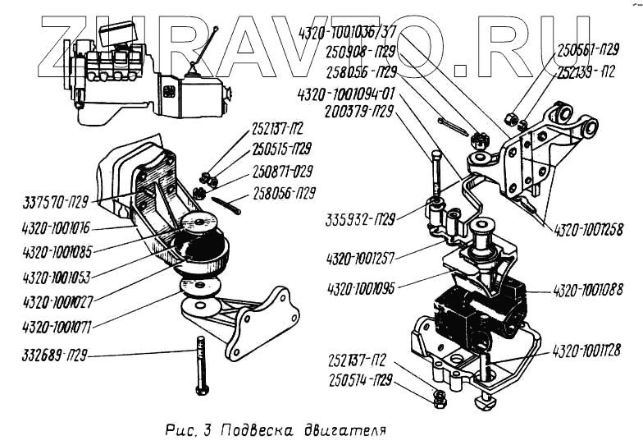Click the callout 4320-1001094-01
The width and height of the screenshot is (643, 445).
(x=359, y=92)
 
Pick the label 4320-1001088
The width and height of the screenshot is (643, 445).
(x=588, y=289)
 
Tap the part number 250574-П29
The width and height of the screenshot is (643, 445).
(x=363, y=381)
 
